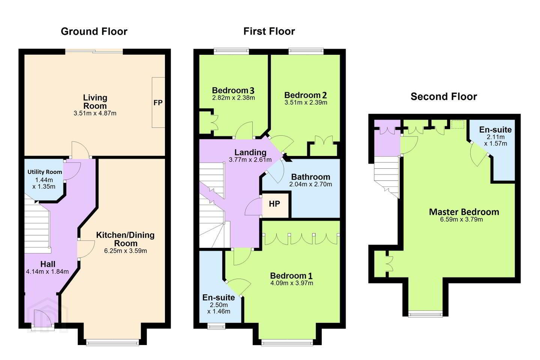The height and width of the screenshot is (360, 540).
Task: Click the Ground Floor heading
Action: click(x=94, y=31)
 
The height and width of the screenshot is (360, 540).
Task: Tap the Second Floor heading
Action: click(x=444, y=97)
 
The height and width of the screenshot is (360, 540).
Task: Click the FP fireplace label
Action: click(x=158, y=103)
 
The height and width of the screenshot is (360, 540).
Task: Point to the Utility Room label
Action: click(x=45, y=172)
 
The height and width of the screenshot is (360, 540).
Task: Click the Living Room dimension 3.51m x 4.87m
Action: click(x=95, y=113)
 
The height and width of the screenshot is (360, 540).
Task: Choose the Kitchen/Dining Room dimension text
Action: click(x=125, y=251)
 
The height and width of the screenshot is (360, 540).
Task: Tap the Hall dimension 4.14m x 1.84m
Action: click(x=47, y=271)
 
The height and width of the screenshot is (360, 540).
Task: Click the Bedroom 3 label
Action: click(x=233, y=90)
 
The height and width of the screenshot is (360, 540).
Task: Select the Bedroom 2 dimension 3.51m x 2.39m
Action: click(x=306, y=102)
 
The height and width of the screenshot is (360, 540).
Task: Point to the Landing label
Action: click(x=250, y=152)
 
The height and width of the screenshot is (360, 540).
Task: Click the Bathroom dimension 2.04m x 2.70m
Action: click(x=310, y=184)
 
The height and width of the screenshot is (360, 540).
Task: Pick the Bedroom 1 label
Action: click(x=291, y=276)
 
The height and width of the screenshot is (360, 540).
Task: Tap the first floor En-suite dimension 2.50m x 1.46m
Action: click(x=219, y=308)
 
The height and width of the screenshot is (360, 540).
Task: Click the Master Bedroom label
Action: click(x=464, y=212)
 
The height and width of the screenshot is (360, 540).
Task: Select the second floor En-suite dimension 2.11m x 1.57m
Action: click(x=496, y=140)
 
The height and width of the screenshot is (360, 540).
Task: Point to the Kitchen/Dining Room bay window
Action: click(x=112, y=343)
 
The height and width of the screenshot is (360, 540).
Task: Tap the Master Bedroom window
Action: click(x=426, y=314)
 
